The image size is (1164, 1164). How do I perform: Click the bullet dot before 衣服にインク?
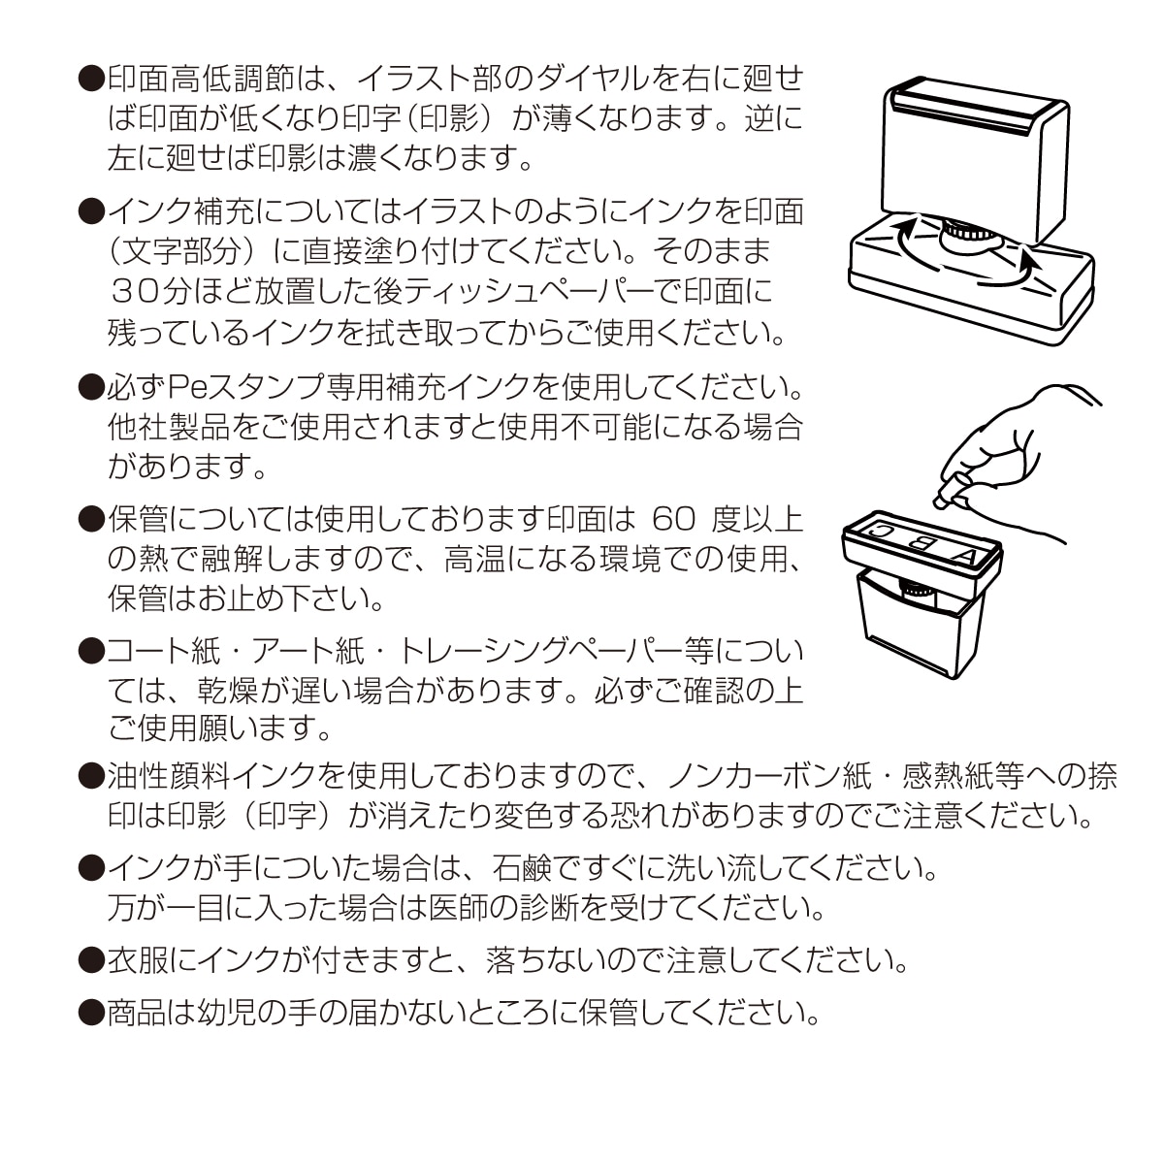(x=90, y=960)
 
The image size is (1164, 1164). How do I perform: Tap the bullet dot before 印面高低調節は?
(x=90, y=79)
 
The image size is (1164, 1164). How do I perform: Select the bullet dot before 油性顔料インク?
(x=90, y=776)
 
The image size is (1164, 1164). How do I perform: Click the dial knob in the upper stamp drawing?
(x=966, y=234)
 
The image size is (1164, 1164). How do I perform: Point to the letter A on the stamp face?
(x=964, y=557)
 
